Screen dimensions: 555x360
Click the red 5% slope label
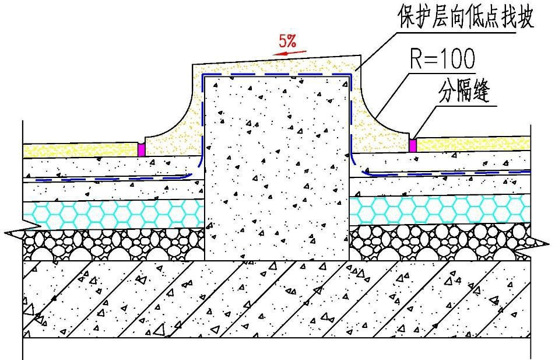pos(287,41)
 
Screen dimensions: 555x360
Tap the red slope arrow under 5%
pos(290,53)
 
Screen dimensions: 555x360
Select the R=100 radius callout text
pos(442,59)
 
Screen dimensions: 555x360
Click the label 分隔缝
pos(464,92)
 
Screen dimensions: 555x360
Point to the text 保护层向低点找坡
pos(466,17)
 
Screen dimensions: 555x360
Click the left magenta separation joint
pos(141,149)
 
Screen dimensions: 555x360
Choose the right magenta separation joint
pos(413,146)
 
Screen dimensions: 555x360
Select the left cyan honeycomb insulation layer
pos(113,214)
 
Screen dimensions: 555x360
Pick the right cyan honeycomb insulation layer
pos(440,210)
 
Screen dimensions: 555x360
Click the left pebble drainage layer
pos(113,244)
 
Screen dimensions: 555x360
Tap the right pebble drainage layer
pos(440,242)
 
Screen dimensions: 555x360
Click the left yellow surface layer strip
pos(80,150)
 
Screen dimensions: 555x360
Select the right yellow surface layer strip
pos(473,144)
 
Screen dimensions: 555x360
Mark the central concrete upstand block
pos(277,169)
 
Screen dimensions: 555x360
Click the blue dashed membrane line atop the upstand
pos(276,75)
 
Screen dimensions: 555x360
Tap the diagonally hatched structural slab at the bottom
pos(277,299)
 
